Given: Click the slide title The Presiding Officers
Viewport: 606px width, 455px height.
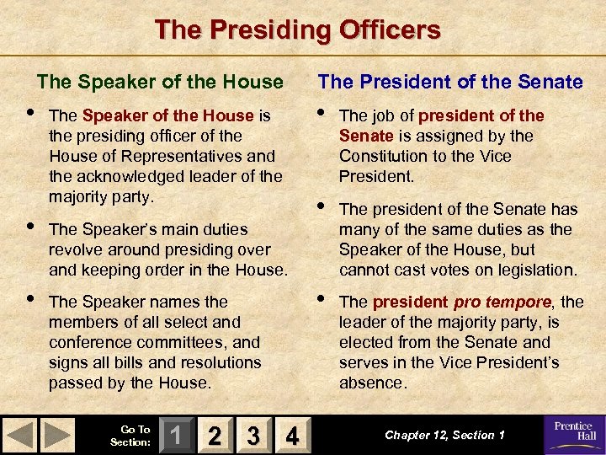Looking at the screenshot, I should [297, 30].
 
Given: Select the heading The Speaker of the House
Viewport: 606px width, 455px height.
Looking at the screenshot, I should [160, 82].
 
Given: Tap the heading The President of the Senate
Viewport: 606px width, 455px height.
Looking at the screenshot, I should [450, 82].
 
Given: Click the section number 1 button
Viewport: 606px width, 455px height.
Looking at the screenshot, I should [174, 436].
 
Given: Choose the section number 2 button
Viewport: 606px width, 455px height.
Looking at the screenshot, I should [214, 436].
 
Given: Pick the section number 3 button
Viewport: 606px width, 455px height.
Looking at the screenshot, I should [252, 436].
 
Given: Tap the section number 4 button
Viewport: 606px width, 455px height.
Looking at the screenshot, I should [291, 436].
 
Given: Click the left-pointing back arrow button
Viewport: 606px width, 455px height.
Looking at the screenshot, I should [22, 436].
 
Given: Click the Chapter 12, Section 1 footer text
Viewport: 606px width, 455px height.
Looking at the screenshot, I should [445, 435].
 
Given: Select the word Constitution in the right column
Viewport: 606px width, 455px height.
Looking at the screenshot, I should [386, 156].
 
